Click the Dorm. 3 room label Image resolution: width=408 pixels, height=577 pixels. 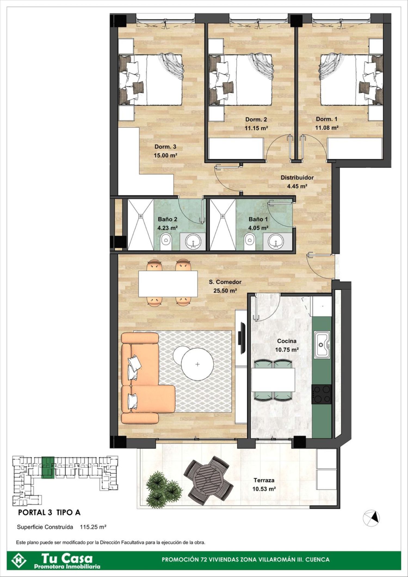point(165,147)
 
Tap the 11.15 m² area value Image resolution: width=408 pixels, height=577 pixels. point(256,128)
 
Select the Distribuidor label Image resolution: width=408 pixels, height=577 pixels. point(297,178)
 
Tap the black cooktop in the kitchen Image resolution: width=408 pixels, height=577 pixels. point(322,394)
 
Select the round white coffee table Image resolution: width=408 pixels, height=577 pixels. point(197,364)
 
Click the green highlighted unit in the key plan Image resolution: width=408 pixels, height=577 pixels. point(48,467)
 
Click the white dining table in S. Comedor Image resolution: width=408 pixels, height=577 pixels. point(168,284)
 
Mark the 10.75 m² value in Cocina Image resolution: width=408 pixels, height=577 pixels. point(287,350)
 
